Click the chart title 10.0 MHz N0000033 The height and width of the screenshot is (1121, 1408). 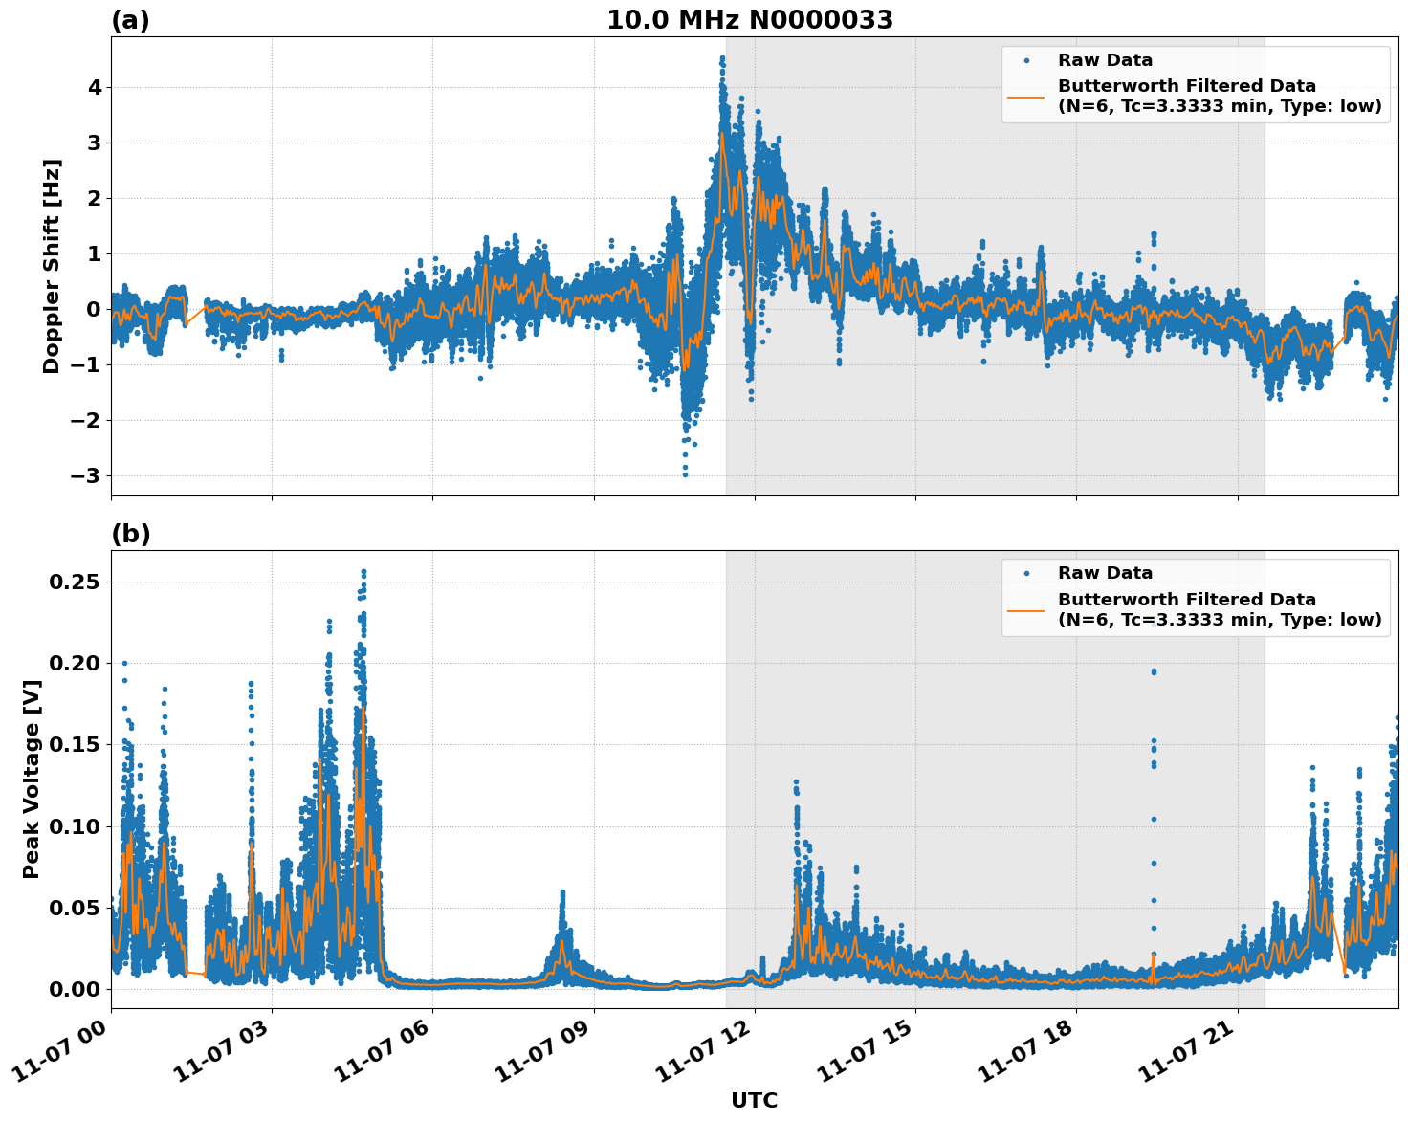(x=750, y=20)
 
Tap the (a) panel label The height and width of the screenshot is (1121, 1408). (x=130, y=20)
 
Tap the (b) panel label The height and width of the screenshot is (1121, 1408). (x=130, y=534)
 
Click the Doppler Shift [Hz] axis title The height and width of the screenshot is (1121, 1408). (x=52, y=266)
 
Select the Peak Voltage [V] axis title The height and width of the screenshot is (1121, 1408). (x=32, y=800)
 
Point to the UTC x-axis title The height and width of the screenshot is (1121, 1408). (x=754, y=1100)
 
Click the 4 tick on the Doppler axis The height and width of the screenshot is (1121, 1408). (x=95, y=88)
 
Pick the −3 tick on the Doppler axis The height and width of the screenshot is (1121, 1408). (x=88, y=475)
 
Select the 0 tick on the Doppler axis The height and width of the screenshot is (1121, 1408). (x=95, y=309)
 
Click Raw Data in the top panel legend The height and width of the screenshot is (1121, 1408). (x=1105, y=60)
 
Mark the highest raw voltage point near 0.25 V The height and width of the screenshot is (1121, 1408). (x=363, y=572)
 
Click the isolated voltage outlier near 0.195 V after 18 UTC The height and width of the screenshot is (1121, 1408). (x=1154, y=671)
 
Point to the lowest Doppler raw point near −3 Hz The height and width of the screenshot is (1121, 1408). (x=685, y=474)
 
